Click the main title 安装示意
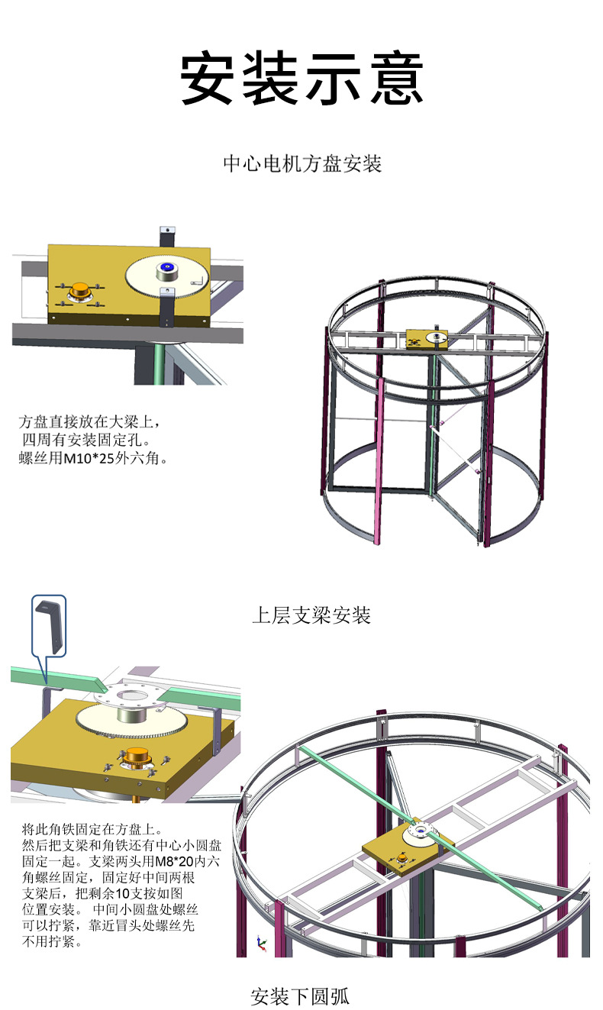(x=301, y=79)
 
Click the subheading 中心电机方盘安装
(x=301, y=163)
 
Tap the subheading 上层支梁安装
(x=311, y=615)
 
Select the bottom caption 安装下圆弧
(x=300, y=995)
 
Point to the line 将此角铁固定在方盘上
(x=92, y=828)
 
